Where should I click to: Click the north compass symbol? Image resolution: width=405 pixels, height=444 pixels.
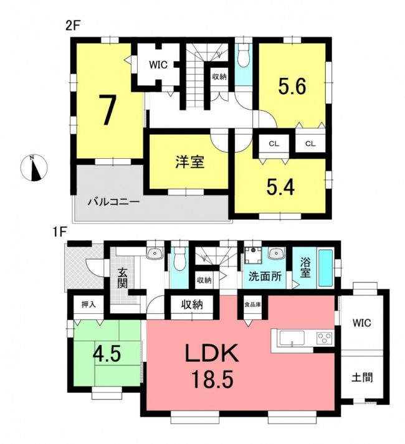[34, 168]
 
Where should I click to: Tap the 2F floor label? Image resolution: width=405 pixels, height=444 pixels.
[74, 27]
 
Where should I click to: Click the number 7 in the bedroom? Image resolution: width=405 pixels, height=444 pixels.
[107, 110]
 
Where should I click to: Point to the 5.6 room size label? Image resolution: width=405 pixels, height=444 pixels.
[292, 87]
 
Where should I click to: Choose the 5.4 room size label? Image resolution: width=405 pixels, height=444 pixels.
[280, 187]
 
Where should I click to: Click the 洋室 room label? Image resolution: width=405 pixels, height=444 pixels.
[190, 162]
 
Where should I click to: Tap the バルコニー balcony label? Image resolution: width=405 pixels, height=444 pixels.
[113, 202]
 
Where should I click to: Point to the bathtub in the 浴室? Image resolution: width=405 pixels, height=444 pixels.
[326, 268]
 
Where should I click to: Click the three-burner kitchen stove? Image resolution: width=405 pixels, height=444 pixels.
[324, 338]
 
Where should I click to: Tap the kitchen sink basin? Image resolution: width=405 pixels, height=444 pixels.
[292, 338]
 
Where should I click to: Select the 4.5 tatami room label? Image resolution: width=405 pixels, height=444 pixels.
[107, 354]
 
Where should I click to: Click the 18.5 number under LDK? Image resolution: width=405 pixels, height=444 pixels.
[212, 379]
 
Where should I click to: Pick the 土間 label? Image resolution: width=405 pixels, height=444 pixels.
[362, 377]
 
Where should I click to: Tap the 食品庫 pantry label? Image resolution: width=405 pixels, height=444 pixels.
[253, 305]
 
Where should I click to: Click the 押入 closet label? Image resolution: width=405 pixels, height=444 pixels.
[88, 305]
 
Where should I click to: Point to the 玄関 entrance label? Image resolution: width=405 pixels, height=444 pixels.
[122, 278]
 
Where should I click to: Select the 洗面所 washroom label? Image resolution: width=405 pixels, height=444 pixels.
[265, 276]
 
